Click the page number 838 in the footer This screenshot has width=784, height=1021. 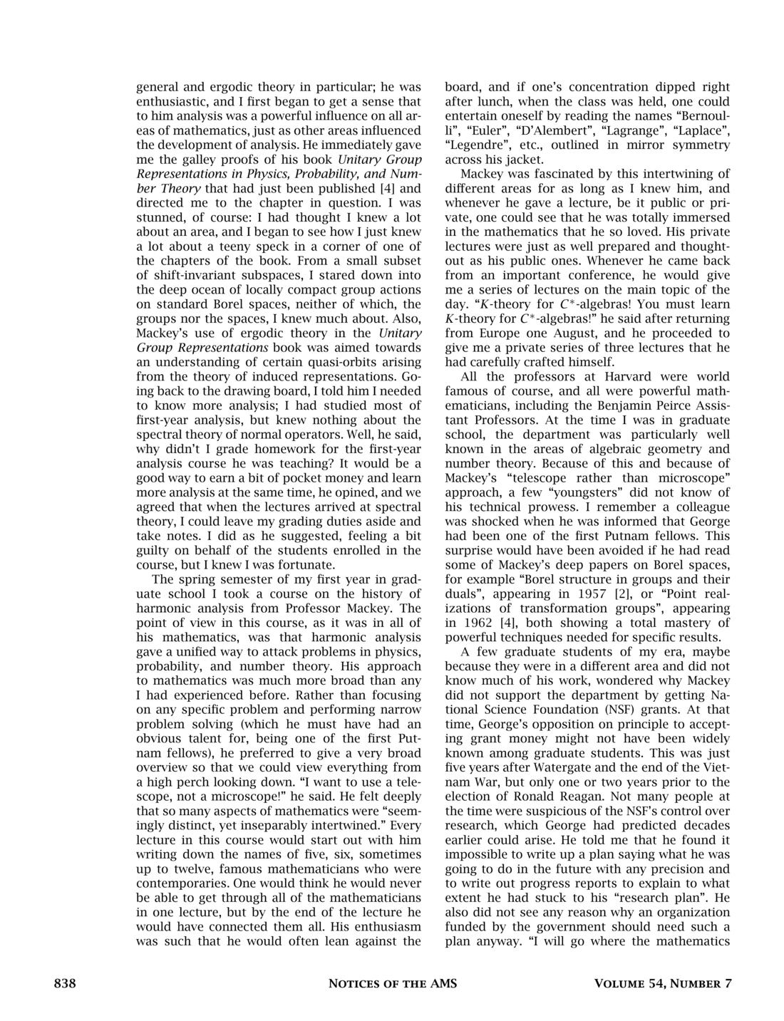tap(65, 984)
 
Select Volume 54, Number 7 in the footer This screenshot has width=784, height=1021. tap(663, 984)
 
